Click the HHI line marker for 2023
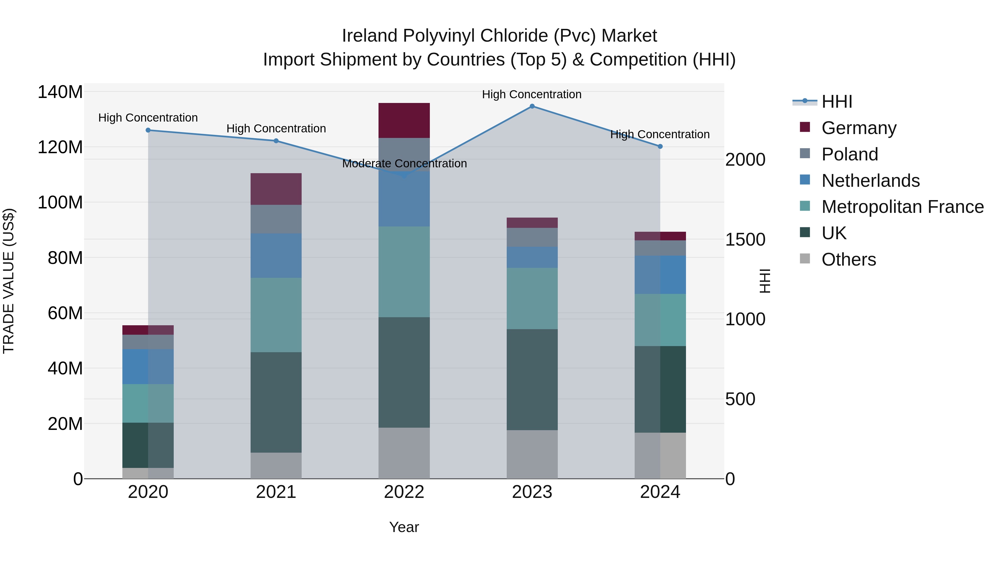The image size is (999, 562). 532,106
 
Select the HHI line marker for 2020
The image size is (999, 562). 148,130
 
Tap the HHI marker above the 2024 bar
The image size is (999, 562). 660,147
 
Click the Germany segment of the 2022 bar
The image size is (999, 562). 404,120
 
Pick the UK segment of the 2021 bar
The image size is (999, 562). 276,402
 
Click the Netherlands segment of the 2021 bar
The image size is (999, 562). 276,256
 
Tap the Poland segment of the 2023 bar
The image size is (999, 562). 532,237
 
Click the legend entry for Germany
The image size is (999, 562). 859,128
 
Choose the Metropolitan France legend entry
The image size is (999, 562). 902,207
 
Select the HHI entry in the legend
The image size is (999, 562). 837,102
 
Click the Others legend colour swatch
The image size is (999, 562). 805,259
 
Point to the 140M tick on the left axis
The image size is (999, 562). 60,92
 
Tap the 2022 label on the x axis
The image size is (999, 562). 404,492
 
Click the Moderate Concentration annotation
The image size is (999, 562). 404,164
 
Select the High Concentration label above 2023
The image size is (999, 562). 532,95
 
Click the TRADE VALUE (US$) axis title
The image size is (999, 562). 9,281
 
